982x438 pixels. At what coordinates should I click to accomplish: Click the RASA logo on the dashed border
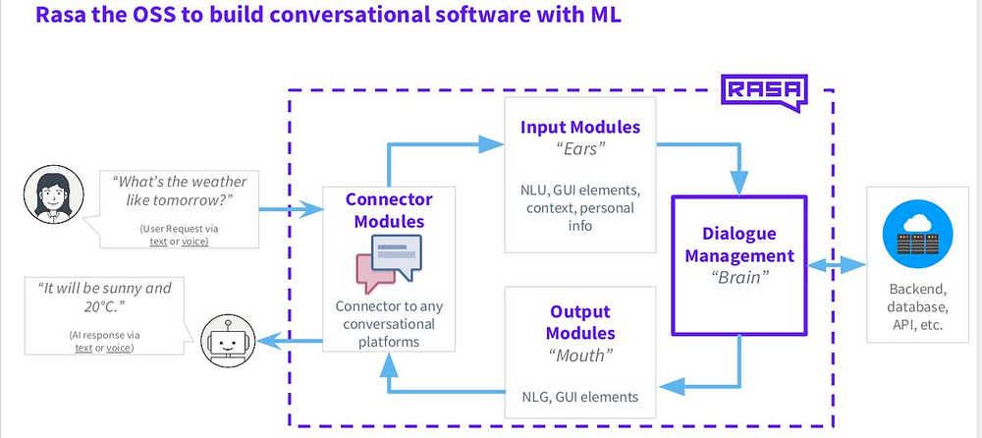click(x=764, y=92)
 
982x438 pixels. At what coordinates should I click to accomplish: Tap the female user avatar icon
click(x=53, y=194)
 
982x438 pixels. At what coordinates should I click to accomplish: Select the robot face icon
click(x=228, y=341)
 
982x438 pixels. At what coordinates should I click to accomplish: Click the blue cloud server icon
click(x=917, y=235)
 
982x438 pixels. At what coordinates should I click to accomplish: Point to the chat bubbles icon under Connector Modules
click(x=388, y=263)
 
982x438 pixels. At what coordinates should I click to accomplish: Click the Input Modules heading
click(x=580, y=128)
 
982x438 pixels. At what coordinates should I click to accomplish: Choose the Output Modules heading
click(x=580, y=322)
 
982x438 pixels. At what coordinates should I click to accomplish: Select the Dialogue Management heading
click(x=739, y=245)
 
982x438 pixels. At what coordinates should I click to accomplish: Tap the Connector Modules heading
click(x=389, y=210)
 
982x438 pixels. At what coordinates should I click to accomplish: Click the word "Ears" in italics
click(x=580, y=151)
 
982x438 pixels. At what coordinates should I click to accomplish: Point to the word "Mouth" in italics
click(x=580, y=356)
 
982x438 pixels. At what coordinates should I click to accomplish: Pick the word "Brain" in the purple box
click(x=739, y=277)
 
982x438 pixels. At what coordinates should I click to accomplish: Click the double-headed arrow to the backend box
click(x=837, y=265)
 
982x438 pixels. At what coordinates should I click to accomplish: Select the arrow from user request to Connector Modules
click(x=291, y=209)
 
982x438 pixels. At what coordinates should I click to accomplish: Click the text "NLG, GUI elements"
click(x=580, y=397)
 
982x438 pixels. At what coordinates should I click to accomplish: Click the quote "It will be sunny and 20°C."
click(x=104, y=298)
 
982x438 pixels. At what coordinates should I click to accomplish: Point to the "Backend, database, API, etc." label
click(x=916, y=307)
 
